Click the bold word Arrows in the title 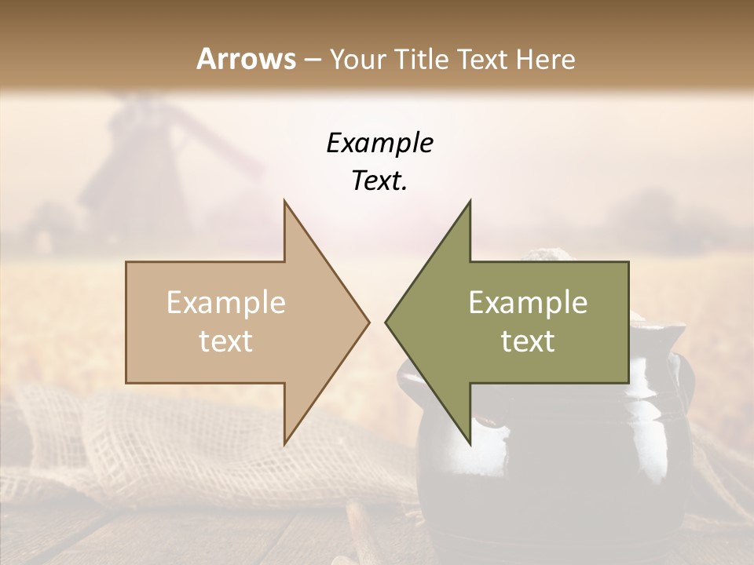tap(247, 59)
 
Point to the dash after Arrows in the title tap(312, 60)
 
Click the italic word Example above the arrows tap(379, 143)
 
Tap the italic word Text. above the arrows tap(379, 180)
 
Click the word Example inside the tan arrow tap(225, 303)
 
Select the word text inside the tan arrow tap(225, 341)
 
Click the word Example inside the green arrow tap(528, 303)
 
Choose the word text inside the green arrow tap(528, 341)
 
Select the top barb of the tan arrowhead tap(286, 206)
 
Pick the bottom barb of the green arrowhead tap(469, 440)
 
